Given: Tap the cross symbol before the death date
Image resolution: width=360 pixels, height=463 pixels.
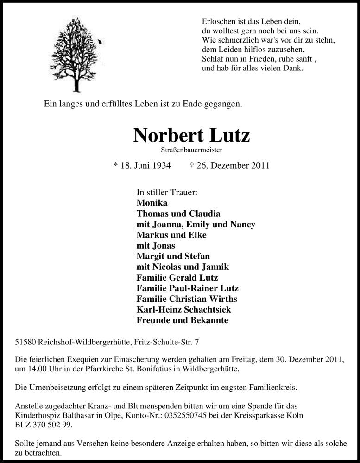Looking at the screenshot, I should (x=192, y=165).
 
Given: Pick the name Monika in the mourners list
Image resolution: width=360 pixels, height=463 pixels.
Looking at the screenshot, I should (x=152, y=203).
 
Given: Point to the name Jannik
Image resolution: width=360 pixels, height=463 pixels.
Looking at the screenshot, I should (x=215, y=267).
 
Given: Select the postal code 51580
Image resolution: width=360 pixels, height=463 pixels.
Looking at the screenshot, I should (x=24, y=342).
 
